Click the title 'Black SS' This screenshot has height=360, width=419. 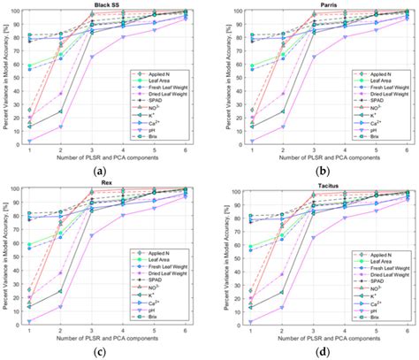(108, 5)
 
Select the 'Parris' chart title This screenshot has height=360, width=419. (316, 5)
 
